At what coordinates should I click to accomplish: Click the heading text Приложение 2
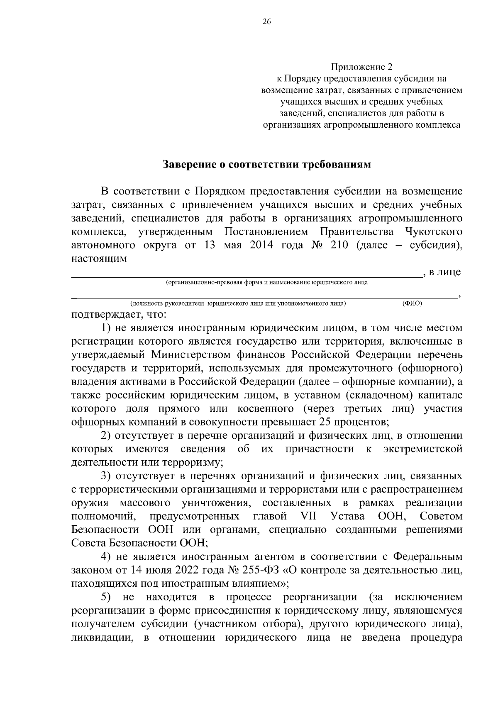tap(361, 67)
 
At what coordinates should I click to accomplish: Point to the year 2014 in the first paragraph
tap(261, 245)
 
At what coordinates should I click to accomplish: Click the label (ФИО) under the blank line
tap(412, 303)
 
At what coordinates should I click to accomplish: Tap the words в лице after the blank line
tap(445, 272)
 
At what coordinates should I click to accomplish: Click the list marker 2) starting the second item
tap(107, 436)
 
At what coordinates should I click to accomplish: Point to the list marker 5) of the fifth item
tap(107, 597)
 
